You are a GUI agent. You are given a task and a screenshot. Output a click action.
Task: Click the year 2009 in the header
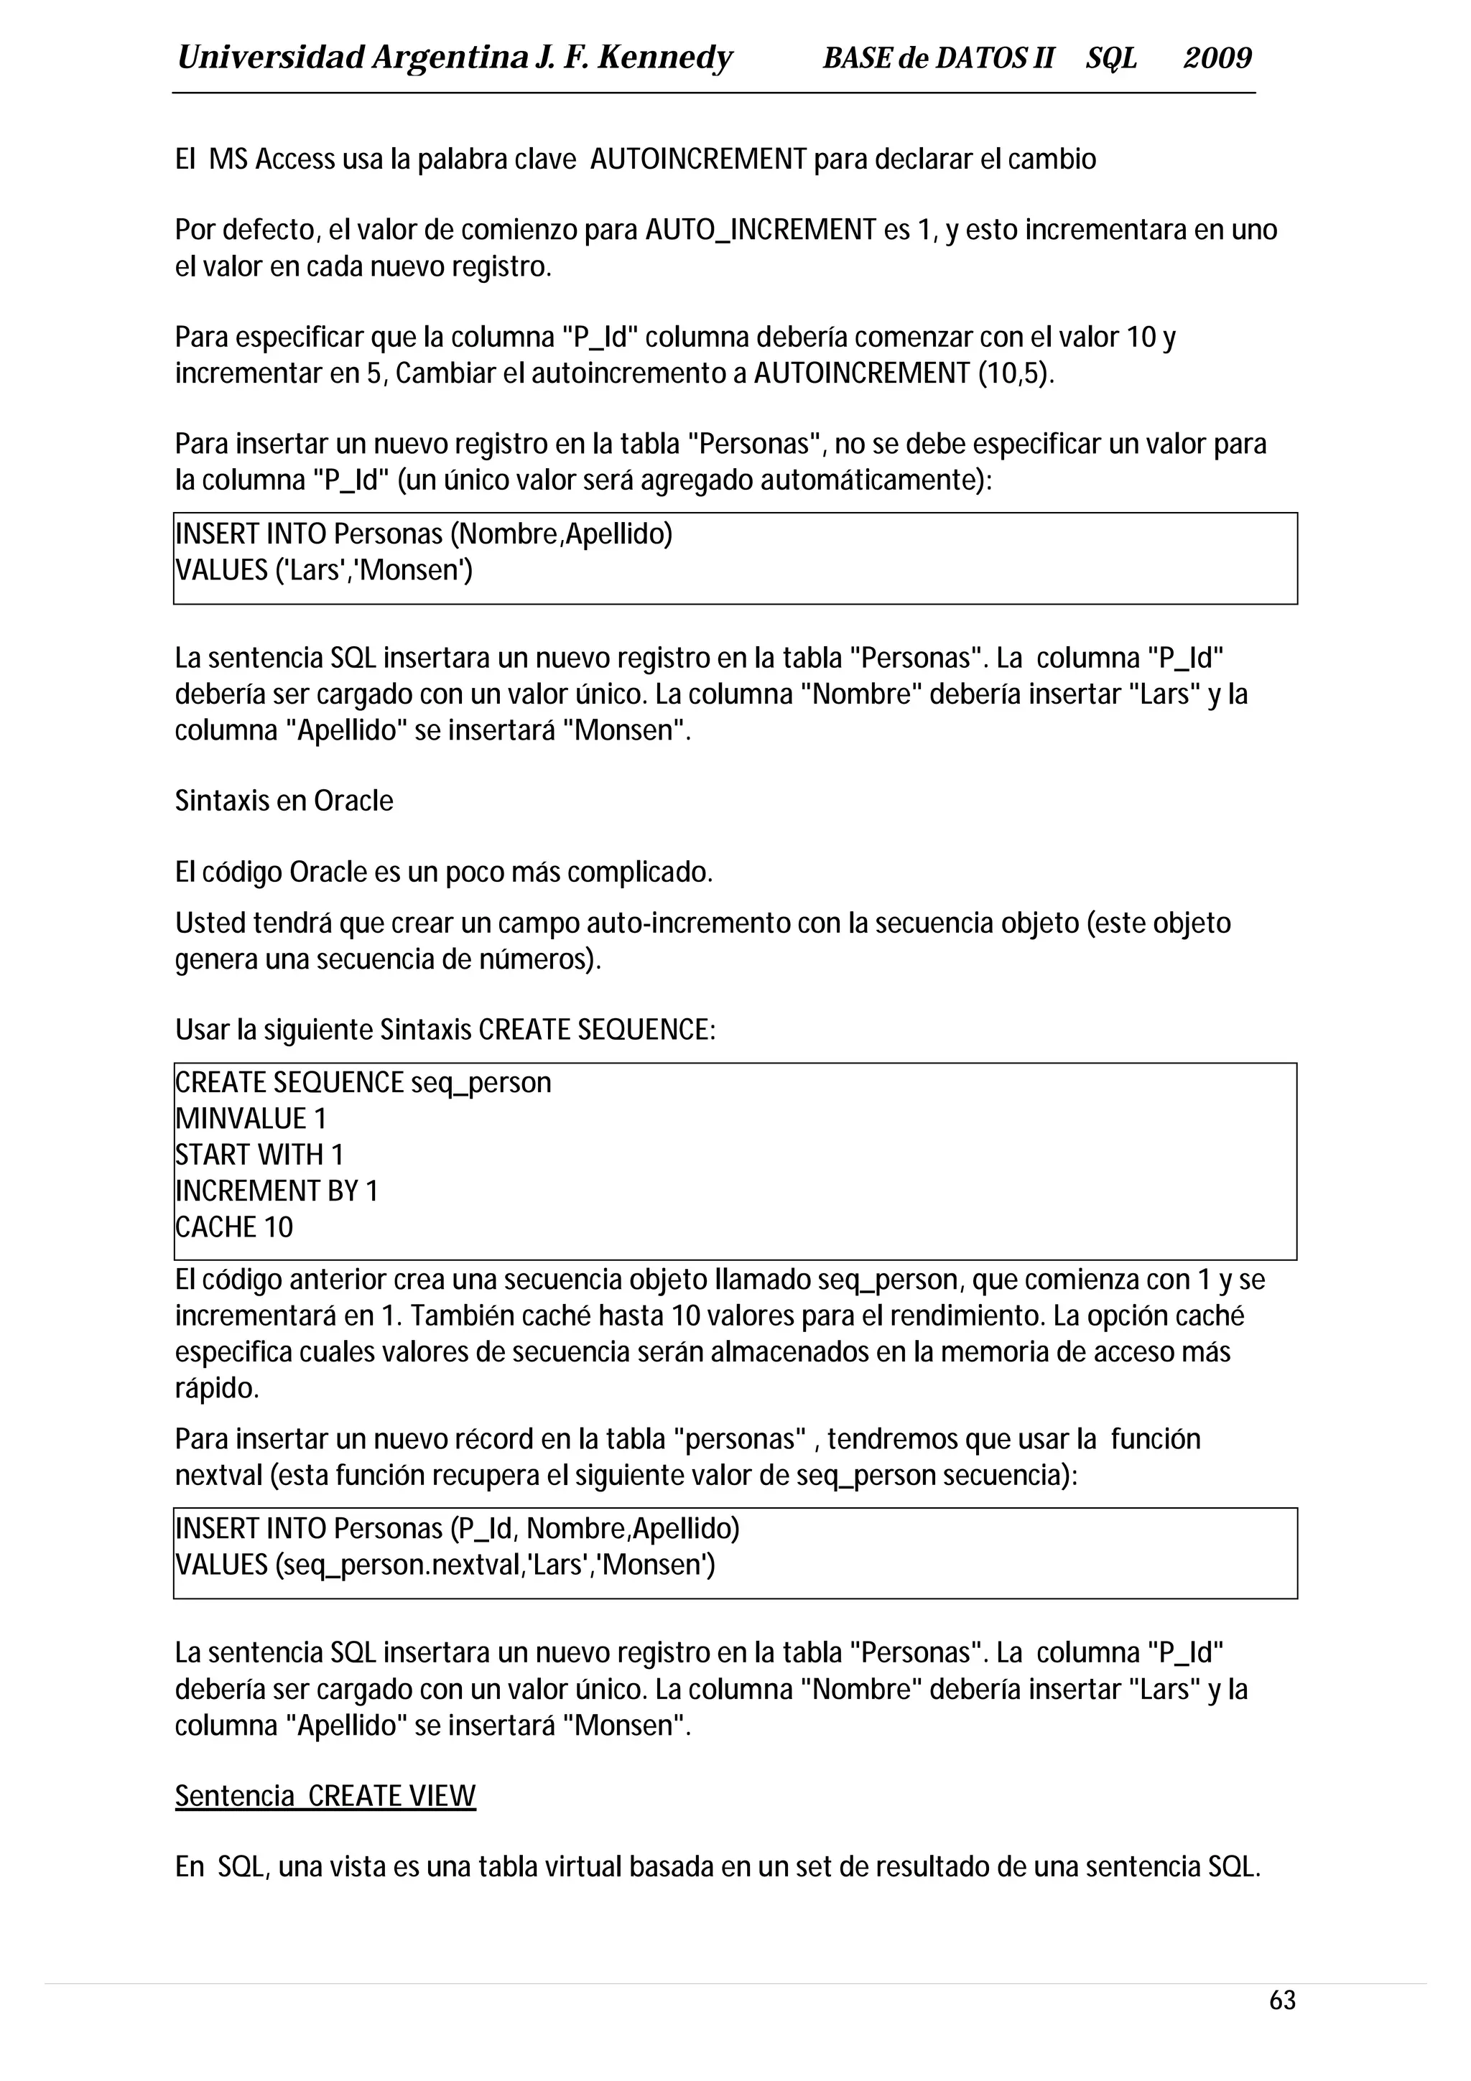pyautogui.click(x=1217, y=59)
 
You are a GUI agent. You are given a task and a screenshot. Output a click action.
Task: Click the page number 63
pyautogui.click(x=1283, y=2025)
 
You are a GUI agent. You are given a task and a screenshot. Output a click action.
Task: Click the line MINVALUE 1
pyautogui.click(x=250, y=1119)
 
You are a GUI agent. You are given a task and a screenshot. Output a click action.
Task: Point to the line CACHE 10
pyautogui.click(x=234, y=1226)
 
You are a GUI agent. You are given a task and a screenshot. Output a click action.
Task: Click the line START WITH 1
pyautogui.click(x=259, y=1155)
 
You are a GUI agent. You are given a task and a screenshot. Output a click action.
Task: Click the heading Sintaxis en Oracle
pyautogui.click(x=284, y=801)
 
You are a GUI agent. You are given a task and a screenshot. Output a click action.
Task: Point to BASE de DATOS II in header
pyautogui.click(x=938, y=59)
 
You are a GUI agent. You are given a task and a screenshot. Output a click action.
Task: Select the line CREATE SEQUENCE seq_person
pyautogui.click(x=363, y=1082)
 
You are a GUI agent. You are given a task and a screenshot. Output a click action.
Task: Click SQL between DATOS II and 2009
pyautogui.click(x=1111, y=59)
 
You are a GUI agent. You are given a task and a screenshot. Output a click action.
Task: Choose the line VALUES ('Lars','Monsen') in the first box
pyautogui.click(x=323, y=570)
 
